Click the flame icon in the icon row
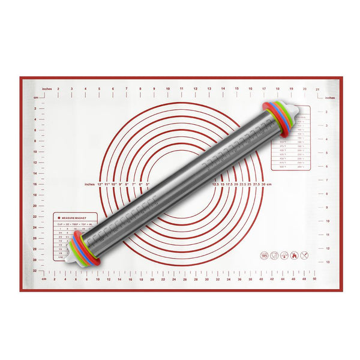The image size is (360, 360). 294,255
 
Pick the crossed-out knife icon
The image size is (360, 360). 305,255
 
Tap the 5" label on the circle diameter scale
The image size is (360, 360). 147,184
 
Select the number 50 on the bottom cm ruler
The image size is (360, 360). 314,279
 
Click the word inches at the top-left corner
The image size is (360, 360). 47,89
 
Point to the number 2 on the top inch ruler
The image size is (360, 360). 58,89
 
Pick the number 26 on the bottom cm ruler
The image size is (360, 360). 185,279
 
